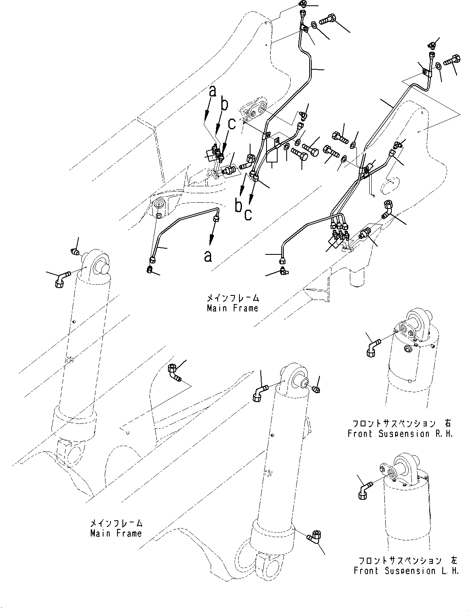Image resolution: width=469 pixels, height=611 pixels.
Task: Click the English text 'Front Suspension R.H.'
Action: [400, 434]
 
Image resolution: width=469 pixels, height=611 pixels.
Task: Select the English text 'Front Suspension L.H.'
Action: [406, 570]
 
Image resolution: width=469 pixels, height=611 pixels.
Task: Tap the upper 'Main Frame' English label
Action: [232, 308]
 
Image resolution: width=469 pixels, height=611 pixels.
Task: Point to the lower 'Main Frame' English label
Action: [116, 533]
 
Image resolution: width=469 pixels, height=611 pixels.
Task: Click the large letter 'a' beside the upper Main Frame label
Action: [209, 256]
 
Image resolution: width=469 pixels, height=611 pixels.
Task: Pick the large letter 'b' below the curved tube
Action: [238, 205]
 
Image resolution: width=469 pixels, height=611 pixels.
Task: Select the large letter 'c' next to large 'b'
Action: [248, 213]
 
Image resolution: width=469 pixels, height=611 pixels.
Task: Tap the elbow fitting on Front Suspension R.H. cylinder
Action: [372, 345]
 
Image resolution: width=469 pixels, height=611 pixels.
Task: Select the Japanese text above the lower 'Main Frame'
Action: [116, 523]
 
